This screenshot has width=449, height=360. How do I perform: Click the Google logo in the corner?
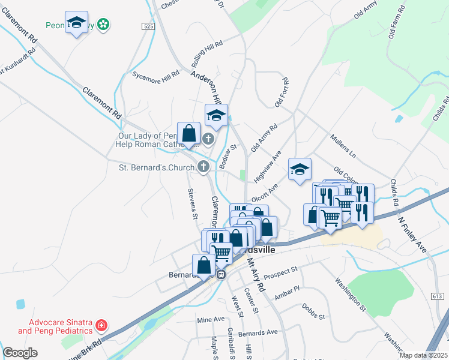coord(20,353)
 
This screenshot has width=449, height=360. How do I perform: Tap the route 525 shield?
coord(149,26)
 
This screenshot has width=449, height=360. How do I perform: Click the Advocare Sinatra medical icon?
coord(101,325)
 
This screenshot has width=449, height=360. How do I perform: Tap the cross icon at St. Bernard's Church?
coord(204,166)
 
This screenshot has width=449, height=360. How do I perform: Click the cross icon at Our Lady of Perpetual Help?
coord(208,140)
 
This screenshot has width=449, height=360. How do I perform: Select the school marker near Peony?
coord(76,23)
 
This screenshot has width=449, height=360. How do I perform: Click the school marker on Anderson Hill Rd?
coord(216,115)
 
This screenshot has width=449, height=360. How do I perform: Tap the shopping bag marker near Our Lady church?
coord(188,133)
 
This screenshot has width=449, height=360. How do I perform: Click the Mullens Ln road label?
coord(343,147)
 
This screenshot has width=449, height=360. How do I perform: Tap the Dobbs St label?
coord(313,316)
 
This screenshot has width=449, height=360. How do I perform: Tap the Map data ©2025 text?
coord(423,355)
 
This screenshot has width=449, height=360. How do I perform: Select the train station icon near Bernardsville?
coord(221,275)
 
